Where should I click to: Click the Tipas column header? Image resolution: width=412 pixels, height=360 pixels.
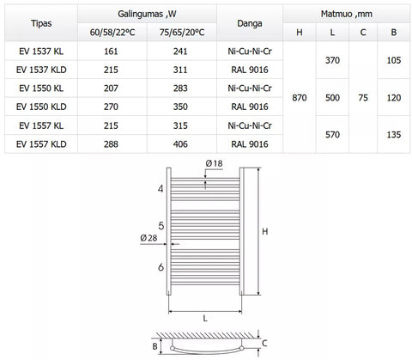click(x=41, y=23)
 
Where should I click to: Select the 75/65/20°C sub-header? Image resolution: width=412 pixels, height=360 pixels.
click(x=182, y=33)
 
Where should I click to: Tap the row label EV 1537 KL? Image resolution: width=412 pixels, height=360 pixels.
click(x=41, y=52)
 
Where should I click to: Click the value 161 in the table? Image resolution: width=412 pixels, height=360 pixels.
click(x=111, y=52)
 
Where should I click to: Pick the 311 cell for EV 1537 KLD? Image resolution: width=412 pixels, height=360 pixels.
click(x=180, y=70)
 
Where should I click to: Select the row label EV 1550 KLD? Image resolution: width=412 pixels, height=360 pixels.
click(x=41, y=107)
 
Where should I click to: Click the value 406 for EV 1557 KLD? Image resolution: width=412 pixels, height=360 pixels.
click(x=180, y=144)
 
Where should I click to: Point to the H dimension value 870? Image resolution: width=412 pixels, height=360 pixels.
click(x=300, y=98)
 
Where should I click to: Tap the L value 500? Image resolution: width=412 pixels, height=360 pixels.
click(x=332, y=98)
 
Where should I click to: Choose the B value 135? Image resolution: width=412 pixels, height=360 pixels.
click(x=394, y=135)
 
